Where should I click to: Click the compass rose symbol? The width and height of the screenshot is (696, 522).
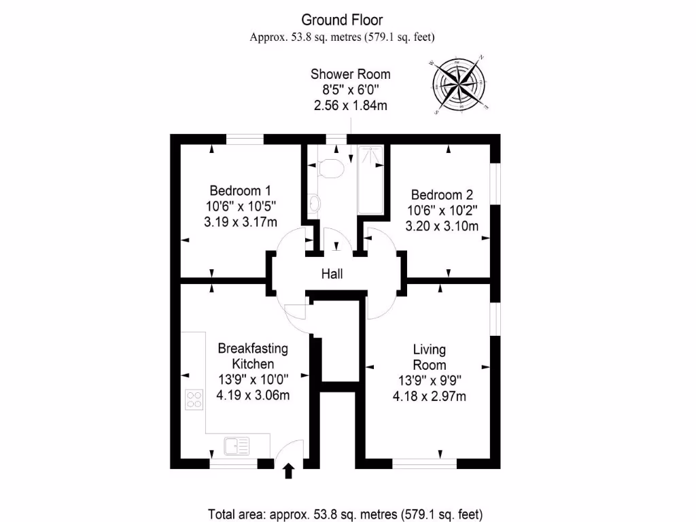(461, 84)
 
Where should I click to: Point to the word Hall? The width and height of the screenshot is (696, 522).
(332, 274)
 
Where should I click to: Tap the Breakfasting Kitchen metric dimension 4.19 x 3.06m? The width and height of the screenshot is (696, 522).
(253, 395)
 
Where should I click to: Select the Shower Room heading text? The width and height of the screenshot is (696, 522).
(351, 74)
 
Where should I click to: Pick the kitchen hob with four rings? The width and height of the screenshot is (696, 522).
(194, 398)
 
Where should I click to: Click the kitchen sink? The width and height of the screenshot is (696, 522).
(237, 446)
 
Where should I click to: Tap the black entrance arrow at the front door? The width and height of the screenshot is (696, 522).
(288, 470)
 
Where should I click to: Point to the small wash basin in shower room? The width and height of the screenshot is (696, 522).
(314, 203)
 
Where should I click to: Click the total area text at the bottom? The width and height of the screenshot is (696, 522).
(348, 513)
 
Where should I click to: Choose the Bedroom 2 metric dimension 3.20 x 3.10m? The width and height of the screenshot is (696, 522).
(440, 226)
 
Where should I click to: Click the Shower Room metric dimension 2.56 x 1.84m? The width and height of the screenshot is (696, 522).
(351, 105)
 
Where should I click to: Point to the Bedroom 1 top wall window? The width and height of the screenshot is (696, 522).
(245, 139)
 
